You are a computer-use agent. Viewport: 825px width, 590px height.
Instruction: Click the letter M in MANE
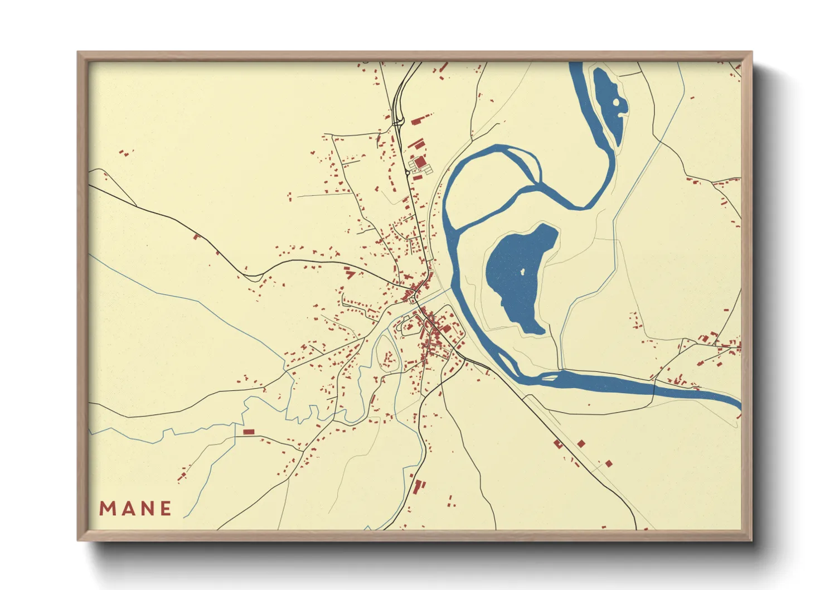(x=107, y=509)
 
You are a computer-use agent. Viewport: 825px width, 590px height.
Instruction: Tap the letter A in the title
(x=127, y=509)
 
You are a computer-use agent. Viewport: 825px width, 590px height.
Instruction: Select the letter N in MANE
(x=146, y=509)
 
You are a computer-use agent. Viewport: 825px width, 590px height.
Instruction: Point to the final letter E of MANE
(x=166, y=509)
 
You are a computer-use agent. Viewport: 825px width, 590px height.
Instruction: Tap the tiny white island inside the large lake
(x=522, y=272)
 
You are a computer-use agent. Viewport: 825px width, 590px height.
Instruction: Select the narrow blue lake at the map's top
(x=609, y=103)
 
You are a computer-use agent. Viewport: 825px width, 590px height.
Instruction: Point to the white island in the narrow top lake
(x=616, y=102)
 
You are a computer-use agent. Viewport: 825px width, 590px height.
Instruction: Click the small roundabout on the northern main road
(x=408, y=173)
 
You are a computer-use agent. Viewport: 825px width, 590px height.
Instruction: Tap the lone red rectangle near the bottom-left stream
(x=249, y=432)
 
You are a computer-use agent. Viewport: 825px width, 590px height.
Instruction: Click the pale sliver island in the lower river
(x=549, y=378)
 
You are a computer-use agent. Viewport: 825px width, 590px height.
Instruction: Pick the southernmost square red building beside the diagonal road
(x=609, y=463)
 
